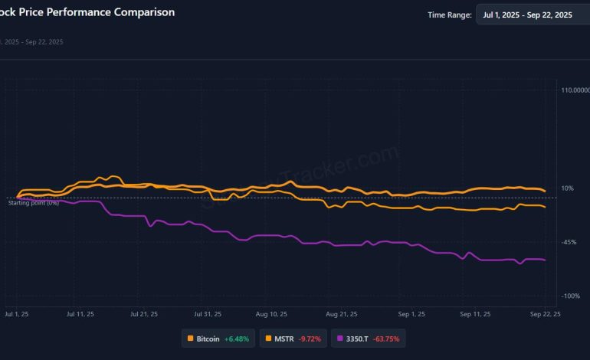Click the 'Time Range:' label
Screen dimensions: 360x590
[449, 15]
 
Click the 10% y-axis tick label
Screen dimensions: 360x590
[568, 188]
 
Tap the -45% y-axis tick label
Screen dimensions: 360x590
[569, 242]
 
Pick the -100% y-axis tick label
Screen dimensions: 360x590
[571, 296]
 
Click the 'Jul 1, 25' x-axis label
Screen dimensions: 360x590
[17, 314]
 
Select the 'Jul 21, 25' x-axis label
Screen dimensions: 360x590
[144, 314]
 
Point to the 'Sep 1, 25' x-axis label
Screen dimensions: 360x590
[412, 314]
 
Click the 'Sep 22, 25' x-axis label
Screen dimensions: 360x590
[545, 314]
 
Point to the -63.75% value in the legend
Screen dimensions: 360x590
[386, 338]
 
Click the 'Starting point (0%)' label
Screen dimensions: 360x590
[33, 202]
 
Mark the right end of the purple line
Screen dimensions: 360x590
[545, 260]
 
